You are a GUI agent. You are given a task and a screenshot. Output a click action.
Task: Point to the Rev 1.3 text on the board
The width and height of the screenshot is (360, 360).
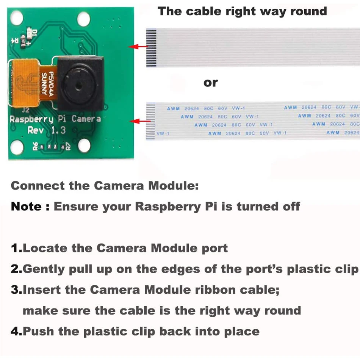point(47,130)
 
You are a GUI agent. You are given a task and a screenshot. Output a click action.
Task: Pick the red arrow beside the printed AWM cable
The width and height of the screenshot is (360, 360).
point(139,121)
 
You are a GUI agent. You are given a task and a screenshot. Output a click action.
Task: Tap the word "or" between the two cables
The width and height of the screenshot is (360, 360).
point(211,83)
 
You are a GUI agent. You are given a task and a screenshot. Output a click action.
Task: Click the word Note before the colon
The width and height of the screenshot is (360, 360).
point(26,207)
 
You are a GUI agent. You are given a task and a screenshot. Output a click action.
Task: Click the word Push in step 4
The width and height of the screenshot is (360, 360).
point(38,331)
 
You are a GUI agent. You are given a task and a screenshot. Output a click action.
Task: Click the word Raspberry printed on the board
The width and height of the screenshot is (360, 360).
point(31,119)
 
